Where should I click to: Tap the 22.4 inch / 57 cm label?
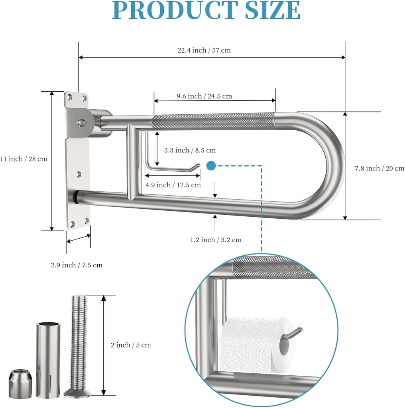204,50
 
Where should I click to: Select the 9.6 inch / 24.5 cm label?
204,96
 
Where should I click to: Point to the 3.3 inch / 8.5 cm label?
190,150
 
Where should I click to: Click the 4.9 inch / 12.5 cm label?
173,185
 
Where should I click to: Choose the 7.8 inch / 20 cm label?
379,169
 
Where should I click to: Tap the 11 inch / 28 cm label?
24,159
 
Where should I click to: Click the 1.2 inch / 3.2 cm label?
216,240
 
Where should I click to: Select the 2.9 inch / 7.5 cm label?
77,265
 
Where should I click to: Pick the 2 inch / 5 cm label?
131,345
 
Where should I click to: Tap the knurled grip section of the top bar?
214,121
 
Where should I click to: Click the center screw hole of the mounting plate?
79,174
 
